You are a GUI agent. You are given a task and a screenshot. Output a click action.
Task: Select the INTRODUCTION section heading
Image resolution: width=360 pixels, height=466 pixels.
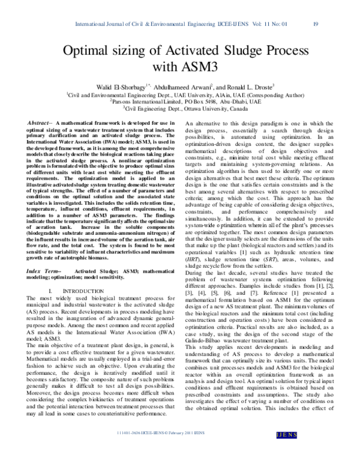pyautogui.click(x=84, y=291)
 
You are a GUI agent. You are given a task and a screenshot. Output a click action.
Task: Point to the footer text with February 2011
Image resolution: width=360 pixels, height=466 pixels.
pyautogui.click(x=180, y=448)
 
